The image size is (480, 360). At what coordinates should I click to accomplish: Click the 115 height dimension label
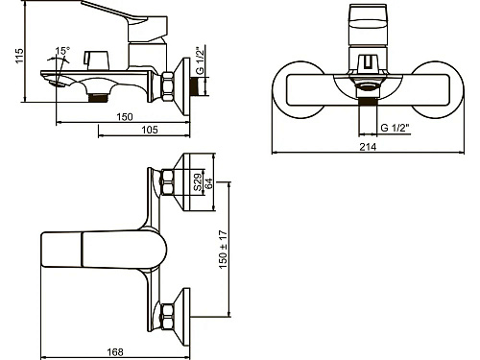tap(19, 56)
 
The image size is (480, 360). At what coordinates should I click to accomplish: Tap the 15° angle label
tap(62, 51)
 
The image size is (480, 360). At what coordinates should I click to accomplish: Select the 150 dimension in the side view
tap(125, 117)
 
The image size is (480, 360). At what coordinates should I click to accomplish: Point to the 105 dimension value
tap(150, 130)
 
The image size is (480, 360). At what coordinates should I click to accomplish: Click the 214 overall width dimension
tap(368, 147)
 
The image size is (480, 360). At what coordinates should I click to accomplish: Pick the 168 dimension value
tap(115, 352)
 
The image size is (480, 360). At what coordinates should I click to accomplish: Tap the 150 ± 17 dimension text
tap(224, 250)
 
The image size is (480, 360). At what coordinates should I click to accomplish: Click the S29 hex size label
tap(198, 182)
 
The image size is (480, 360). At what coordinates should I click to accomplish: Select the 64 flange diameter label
tap(208, 183)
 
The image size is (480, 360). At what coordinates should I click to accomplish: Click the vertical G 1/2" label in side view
tap(200, 60)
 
